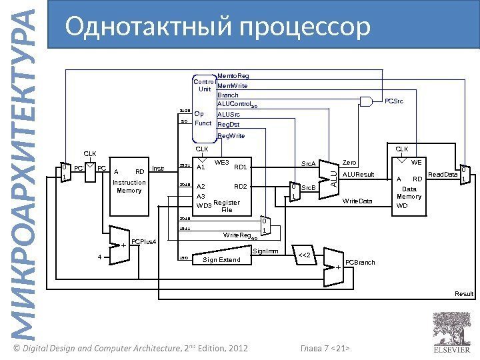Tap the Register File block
coord(226,188)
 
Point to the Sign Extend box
coord(221,260)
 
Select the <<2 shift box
coord(307,255)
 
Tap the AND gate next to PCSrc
coord(366,101)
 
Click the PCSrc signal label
coord(394,101)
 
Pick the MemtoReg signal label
coord(233,77)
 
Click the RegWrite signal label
coord(231,135)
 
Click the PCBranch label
coord(361,263)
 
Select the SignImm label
coord(264,251)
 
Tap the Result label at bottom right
coord(464,294)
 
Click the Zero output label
coord(349,162)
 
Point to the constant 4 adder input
coord(99,257)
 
